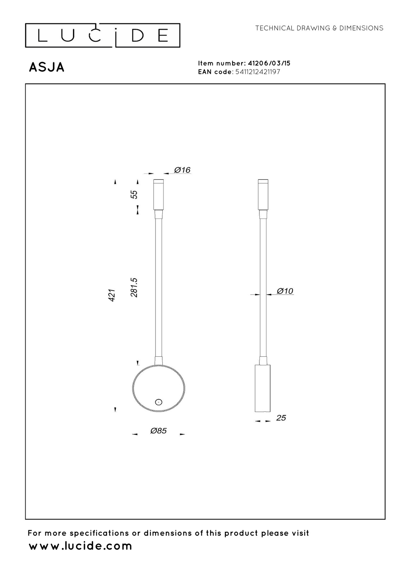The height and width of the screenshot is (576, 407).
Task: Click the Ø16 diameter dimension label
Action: pos(182,170)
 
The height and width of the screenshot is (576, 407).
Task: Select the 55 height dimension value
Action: pos(134,194)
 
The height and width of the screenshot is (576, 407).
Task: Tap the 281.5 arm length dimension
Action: pos(134,288)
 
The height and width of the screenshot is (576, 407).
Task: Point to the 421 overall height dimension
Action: pos(112,295)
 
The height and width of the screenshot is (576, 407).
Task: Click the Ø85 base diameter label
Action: pos(158,431)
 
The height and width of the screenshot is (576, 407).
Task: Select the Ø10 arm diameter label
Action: pos(285,291)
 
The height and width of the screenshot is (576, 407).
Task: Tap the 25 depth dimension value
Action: pos(281,418)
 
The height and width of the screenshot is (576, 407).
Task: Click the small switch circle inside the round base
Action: pos(159,402)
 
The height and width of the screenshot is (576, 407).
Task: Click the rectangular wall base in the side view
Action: pos(262,388)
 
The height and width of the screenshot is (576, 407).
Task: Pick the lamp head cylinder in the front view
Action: pos(158,194)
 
